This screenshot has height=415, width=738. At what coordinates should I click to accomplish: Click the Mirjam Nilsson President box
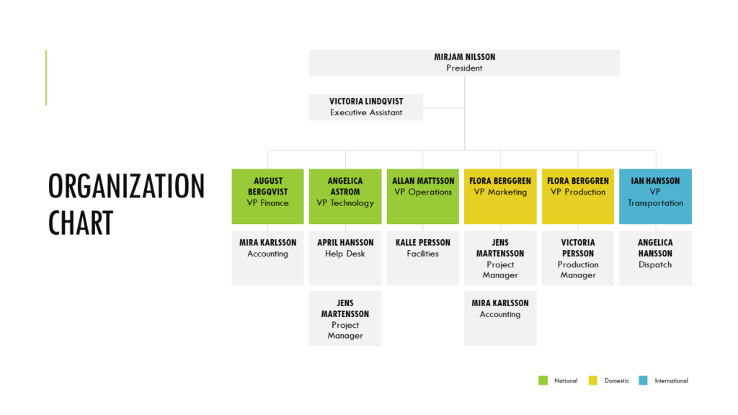[464, 63]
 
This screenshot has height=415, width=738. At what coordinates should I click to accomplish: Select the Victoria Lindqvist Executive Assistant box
[366, 107]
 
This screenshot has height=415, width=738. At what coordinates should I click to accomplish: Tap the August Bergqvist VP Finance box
[268, 196]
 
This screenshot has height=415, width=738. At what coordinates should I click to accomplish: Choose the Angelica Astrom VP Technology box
[345, 196]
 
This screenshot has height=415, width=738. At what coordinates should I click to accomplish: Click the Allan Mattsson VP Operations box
[423, 196]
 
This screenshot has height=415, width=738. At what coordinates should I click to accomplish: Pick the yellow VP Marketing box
[500, 196]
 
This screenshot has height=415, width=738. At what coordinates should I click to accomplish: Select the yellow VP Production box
[578, 196]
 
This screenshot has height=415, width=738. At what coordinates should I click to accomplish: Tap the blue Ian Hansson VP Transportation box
[655, 196]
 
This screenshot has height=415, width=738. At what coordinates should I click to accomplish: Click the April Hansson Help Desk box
[345, 258]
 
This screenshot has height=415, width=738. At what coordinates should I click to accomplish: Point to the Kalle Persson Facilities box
[423, 258]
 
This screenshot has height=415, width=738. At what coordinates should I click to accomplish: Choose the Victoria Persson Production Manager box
[578, 258]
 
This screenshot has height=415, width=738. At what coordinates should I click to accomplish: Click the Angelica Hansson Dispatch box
[655, 258]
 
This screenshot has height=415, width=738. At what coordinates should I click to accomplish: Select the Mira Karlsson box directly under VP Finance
[268, 258]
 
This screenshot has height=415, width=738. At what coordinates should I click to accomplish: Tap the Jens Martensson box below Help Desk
[345, 318]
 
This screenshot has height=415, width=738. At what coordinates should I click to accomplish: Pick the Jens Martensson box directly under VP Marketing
[500, 258]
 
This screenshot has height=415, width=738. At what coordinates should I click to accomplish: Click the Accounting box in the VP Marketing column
[500, 318]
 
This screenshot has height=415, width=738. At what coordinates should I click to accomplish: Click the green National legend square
[543, 380]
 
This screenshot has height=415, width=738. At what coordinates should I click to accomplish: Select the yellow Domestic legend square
[593, 380]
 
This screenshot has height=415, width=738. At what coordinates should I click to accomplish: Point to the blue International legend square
[643, 380]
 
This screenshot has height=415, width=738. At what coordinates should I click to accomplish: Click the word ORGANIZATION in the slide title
[127, 187]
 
